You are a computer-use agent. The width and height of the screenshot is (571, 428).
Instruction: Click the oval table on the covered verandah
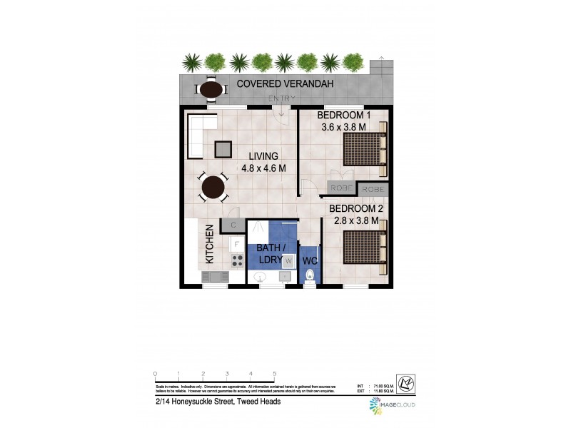211,90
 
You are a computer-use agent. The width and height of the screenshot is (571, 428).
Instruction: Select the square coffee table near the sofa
223,148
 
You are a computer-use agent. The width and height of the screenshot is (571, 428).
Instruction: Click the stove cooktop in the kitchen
237,260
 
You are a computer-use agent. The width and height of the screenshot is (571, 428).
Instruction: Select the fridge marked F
237,243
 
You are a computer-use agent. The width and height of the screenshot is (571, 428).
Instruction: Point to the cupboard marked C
233,225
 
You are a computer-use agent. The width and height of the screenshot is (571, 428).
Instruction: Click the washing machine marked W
288,261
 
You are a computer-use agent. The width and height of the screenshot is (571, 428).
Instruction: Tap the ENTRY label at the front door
281,98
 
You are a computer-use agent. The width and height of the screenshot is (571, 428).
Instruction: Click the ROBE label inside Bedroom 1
340,188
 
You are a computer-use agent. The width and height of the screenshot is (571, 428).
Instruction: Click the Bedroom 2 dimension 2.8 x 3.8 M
355,221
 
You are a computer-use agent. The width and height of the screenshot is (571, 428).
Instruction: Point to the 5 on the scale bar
274,373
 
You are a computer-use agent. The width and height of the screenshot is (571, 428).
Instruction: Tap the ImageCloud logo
393,404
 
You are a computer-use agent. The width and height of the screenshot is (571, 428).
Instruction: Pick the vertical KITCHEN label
210,245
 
